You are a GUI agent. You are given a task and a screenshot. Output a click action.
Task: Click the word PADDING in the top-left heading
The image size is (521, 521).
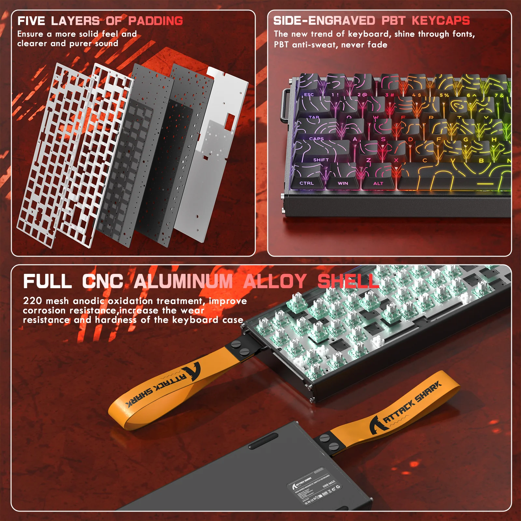[155, 21]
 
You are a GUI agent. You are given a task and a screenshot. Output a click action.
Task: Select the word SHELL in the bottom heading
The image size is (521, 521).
[348, 281]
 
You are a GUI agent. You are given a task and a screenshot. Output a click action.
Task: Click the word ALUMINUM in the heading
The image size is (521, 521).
[183, 281]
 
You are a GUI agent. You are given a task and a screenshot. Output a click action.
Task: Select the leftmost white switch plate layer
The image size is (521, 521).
[49, 156]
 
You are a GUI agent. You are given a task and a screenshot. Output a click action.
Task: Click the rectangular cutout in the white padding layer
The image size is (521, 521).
[230, 120]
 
